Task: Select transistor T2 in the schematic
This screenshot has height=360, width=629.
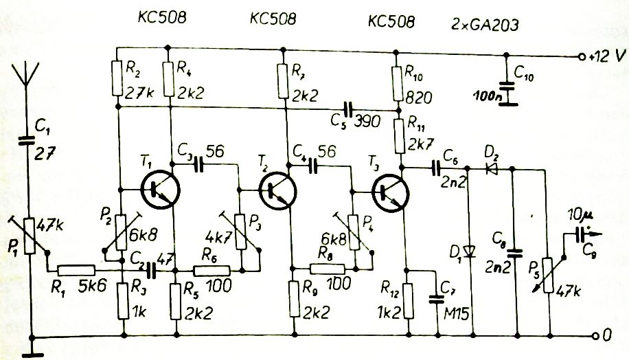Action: [277, 191]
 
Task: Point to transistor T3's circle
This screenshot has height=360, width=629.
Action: [390, 192]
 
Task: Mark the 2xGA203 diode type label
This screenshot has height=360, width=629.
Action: [485, 25]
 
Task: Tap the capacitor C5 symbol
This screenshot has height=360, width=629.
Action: [347, 109]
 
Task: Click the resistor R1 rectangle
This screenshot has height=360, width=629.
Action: [76, 270]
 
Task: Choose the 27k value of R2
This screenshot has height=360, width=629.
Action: [139, 93]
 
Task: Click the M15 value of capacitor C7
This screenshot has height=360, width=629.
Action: [457, 313]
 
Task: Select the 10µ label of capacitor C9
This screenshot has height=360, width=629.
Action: [580, 216]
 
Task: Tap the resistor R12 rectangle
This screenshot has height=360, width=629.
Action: [408, 301]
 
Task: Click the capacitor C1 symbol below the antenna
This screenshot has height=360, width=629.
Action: [28, 140]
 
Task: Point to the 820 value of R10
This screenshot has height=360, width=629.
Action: [419, 98]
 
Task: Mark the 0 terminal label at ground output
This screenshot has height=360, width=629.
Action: [607, 335]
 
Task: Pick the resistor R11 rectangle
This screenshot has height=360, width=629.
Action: [400, 136]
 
